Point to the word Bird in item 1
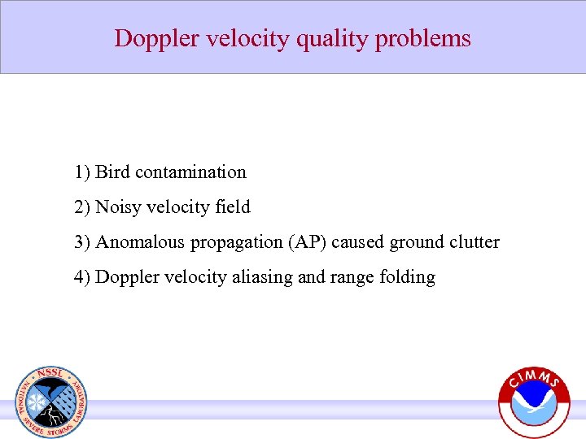point(113,172)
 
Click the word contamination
point(190,172)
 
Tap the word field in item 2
point(234,207)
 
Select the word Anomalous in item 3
point(133,242)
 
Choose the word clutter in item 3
point(475,242)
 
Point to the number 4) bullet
point(81,277)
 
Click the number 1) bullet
point(81,172)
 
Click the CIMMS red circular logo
point(534,403)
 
